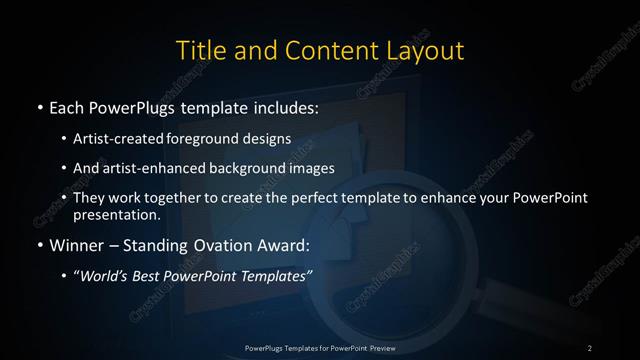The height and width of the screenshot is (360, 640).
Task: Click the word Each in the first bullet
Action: (x=67, y=106)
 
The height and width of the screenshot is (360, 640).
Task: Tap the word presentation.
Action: (x=116, y=214)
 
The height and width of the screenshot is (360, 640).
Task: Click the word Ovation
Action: (x=220, y=244)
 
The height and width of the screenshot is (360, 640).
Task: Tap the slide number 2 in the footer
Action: (x=590, y=347)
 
